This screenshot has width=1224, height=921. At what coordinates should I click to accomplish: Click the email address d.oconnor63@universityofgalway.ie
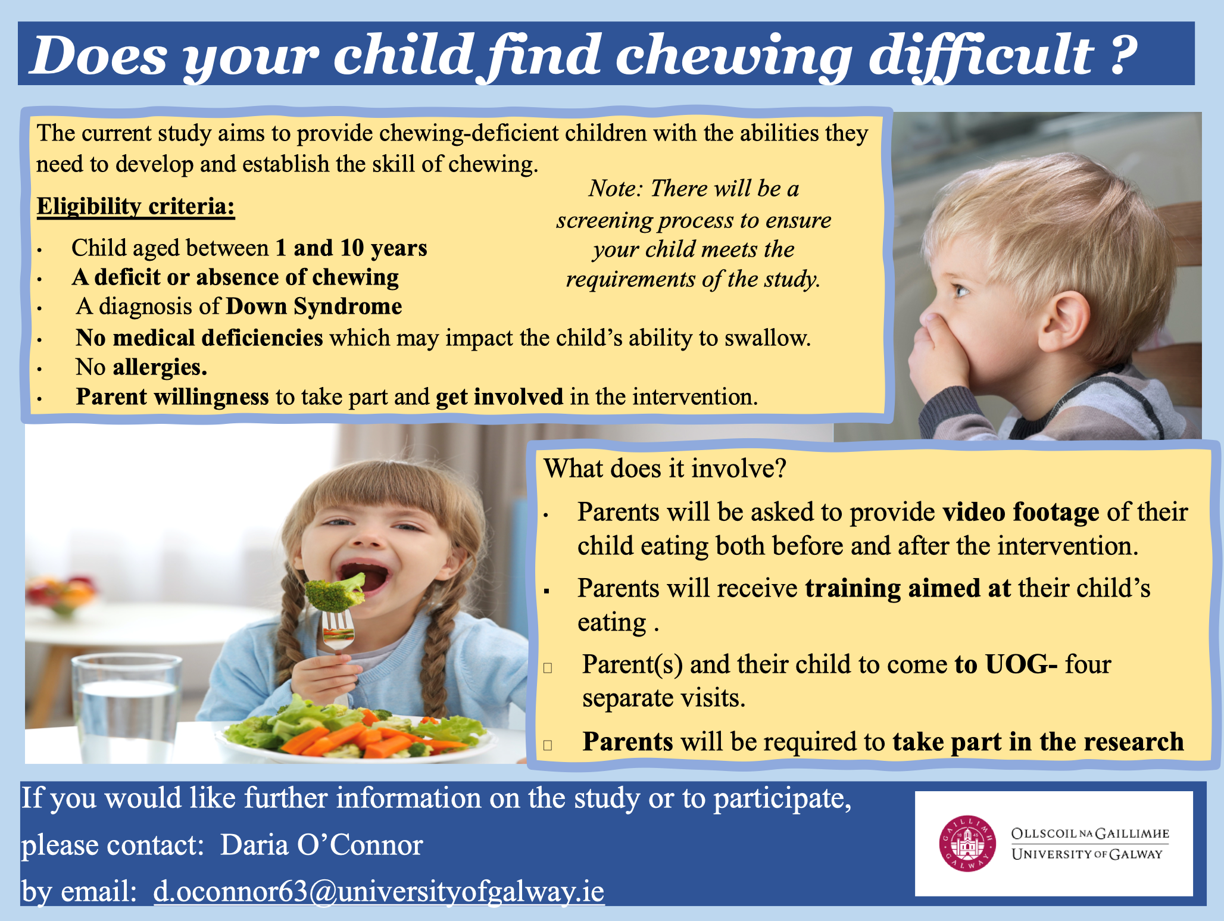(379, 891)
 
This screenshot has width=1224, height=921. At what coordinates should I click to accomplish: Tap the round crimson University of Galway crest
(967, 843)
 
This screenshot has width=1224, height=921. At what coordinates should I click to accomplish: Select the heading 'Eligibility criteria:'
(136, 206)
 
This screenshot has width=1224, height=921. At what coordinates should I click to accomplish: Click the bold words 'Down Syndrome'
(314, 306)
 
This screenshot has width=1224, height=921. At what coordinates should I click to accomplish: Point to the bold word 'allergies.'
(160, 367)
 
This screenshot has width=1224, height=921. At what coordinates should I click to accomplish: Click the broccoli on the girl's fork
(335, 592)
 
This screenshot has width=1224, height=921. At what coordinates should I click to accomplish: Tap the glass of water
(126, 708)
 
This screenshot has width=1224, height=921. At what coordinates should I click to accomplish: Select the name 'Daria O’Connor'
(321, 845)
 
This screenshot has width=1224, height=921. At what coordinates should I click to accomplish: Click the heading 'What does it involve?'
(665, 469)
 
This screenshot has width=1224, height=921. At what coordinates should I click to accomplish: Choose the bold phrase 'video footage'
(1021, 512)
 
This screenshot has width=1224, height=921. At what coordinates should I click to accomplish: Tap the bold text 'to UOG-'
(1006, 664)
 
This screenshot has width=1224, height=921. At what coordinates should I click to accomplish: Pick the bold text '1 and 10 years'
(351, 248)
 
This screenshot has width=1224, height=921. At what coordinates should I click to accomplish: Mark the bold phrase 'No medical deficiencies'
(199, 338)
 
